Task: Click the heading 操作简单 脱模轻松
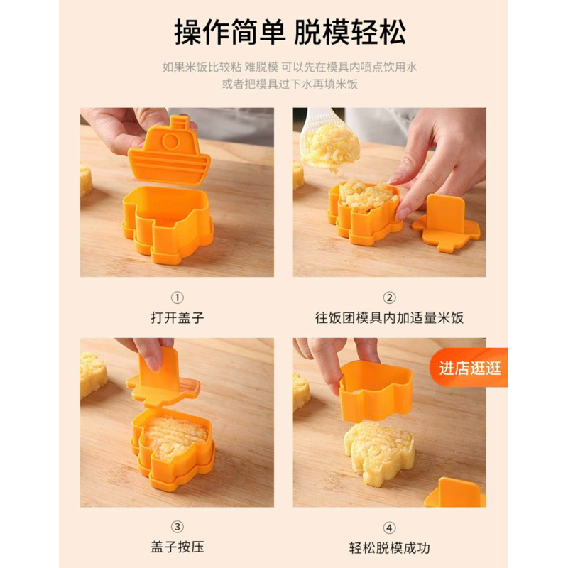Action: point(290,32)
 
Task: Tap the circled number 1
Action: point(177,297)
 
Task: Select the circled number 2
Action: point(389,297)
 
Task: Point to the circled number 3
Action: point(177,527)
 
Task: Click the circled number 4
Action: point(389,528)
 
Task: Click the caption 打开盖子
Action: point(177,317)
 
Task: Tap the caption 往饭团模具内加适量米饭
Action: point(389,317)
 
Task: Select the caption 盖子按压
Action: point(177,547)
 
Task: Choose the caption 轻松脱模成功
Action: point(389,547)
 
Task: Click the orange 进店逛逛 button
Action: point(469,368)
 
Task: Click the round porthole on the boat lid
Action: point(170,141)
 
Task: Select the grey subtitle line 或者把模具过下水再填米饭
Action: point(290,84)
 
